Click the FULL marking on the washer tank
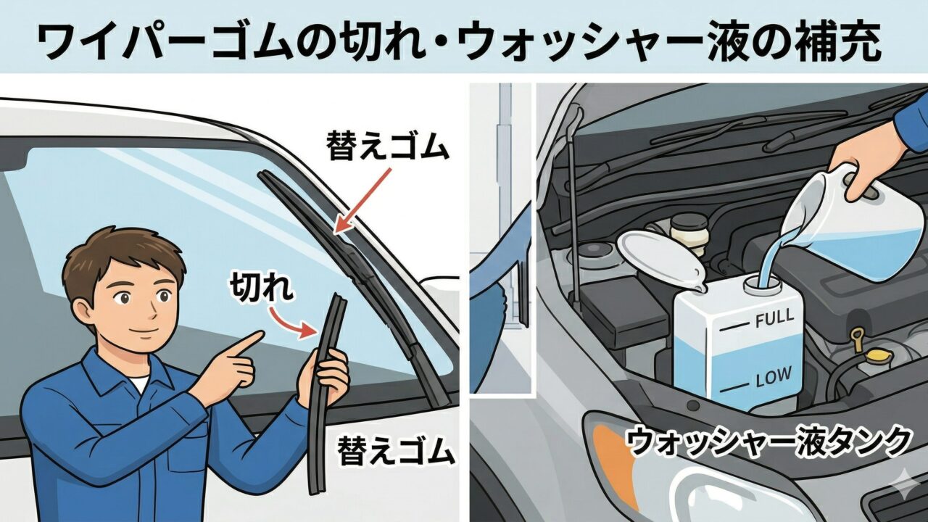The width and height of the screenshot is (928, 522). (774, 318)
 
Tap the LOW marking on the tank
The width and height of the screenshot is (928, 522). (774, 376)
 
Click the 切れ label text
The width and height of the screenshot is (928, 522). (262, 288)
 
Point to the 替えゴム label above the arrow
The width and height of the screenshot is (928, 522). (387, 146)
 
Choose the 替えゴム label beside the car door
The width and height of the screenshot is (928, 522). (396, 450)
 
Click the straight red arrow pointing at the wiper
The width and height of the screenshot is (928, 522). (362, 200)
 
